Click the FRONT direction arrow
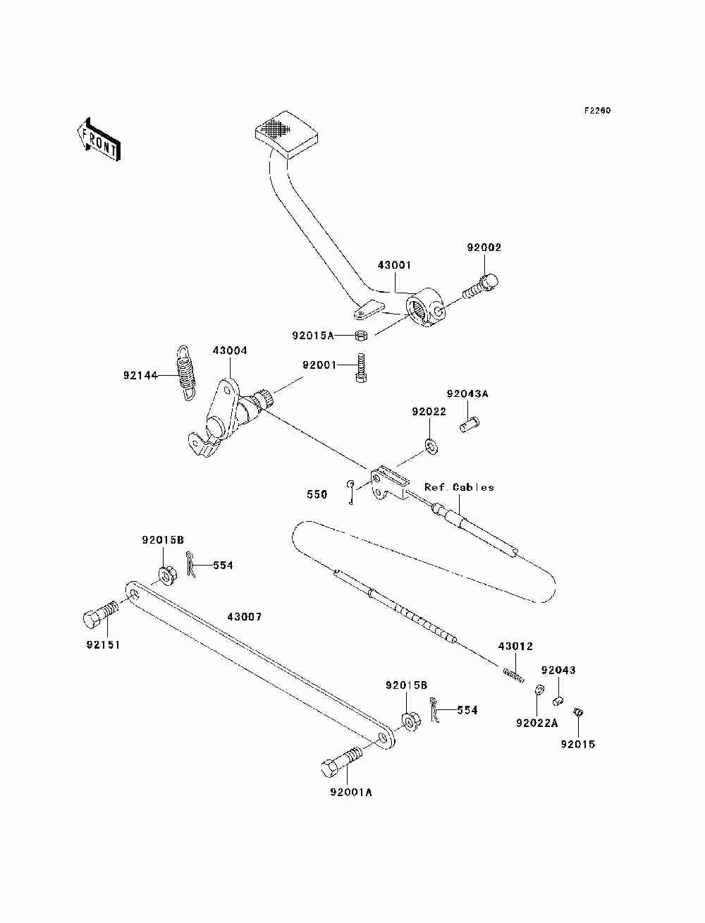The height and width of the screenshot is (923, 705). pos(99,139)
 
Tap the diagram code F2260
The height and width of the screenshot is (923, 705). pos(596,111)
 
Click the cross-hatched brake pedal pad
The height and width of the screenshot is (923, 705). pos(286,134)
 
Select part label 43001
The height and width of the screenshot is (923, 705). pos(394,265)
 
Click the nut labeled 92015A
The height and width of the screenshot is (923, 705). pos(361,336)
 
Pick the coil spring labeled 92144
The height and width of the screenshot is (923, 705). pos(185,372)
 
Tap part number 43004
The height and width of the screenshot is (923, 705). pos(230,350)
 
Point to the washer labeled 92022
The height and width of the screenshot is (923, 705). pos(431,446)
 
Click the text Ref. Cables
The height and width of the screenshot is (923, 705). pos(459,487)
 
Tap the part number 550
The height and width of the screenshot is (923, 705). pos(317,494)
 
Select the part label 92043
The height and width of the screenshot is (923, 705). pos(558,670)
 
